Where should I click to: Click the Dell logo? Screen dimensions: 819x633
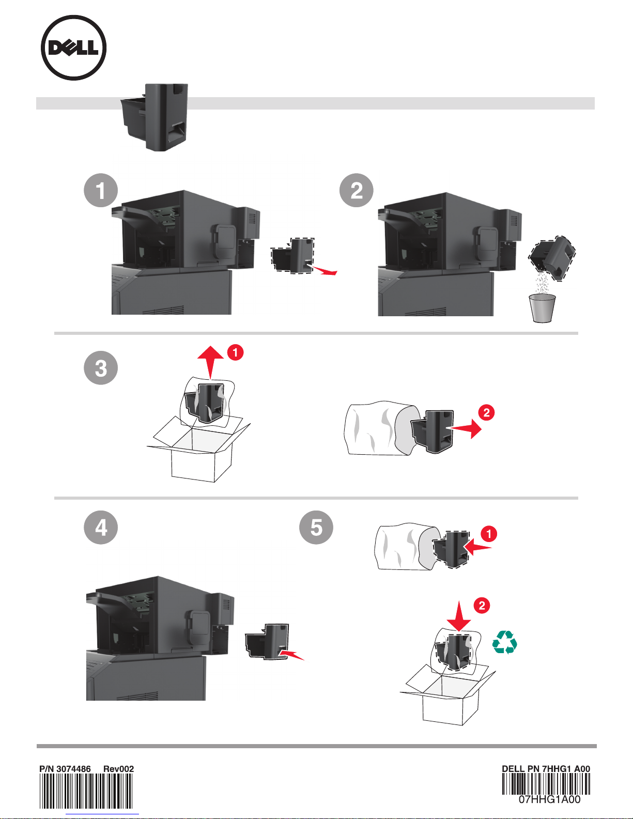73,48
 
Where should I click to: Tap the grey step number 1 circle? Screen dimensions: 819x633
101,190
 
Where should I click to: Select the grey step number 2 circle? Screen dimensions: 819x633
357,190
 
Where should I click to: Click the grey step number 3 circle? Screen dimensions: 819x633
101,368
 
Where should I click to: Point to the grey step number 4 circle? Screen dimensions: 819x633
101,527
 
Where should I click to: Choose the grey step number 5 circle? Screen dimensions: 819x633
316,527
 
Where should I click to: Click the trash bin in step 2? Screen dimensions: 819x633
542,308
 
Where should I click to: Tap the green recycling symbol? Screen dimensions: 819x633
505,642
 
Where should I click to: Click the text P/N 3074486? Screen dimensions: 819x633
65,769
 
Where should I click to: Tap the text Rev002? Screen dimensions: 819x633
118,769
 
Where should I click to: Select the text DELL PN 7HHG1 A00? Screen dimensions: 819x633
546,769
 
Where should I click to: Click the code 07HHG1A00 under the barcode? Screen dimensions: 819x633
549,799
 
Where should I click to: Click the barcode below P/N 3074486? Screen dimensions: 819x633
86,791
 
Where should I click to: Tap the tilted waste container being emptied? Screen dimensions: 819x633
552,258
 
